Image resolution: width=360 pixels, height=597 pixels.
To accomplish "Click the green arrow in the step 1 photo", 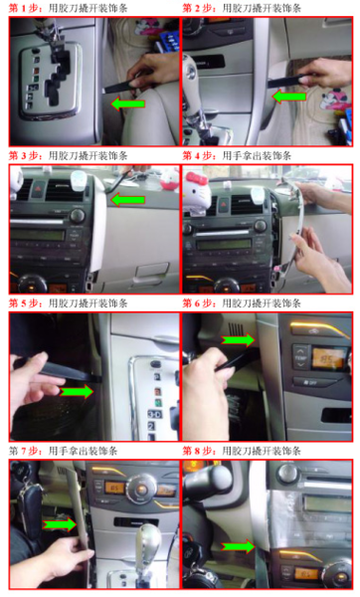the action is (128, 103).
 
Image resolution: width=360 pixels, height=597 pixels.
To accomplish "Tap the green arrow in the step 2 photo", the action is (289, 97).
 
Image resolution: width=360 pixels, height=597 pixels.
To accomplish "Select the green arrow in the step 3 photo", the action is (128, 200).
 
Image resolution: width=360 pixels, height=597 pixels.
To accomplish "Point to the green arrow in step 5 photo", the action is (77, 391).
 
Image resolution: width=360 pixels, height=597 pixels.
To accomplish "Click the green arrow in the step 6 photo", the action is (238, 339).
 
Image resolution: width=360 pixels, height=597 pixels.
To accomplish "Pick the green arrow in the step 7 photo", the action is (60, 524).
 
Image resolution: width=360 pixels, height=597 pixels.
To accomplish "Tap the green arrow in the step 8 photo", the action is (239, 546).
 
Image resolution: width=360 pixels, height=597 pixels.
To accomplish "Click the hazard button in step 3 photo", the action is (38, 189).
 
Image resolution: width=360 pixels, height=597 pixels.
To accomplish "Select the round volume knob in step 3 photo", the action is (78, 216).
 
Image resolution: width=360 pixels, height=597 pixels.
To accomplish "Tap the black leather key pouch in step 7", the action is (30, 506).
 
